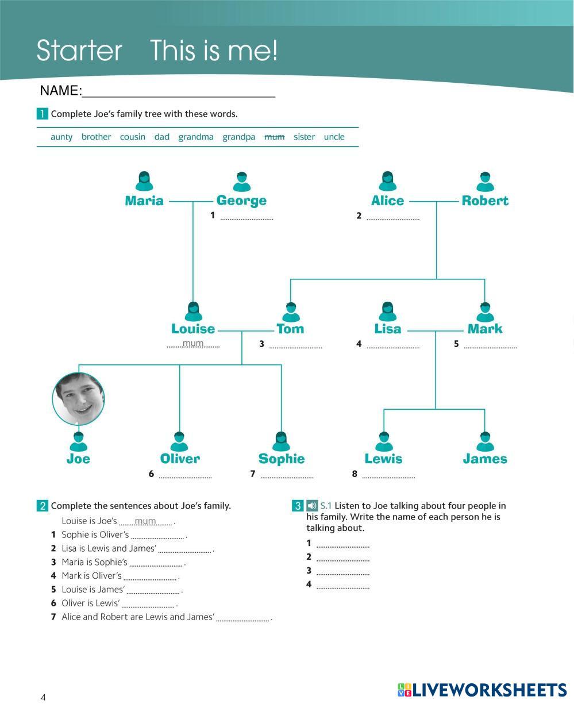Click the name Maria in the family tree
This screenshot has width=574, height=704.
click(144, 201)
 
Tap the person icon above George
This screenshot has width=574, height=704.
click(242, 182)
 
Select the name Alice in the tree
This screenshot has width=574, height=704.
click(387, 201)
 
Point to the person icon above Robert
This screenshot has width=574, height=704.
click(485, 182)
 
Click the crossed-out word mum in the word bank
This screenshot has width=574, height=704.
click(274, 137)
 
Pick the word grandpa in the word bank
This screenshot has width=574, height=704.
click(238, 137)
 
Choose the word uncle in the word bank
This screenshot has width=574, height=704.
click(334, 137)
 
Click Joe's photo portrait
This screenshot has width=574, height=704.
click(79, 398)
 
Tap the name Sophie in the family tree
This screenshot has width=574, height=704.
click(281, 459)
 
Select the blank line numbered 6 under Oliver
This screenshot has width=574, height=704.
click(185, 476)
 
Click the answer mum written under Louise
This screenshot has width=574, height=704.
click(193, 344)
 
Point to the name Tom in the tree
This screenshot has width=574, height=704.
click(290, 329)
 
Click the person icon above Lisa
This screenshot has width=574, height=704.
click(388, 312)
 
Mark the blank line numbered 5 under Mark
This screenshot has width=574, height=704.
click(490, 347)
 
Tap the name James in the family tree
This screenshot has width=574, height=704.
click(485, 459)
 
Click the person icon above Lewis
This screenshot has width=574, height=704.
click(384, 441)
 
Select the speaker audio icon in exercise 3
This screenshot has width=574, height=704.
click(311, 506)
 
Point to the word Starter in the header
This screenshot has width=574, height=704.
click(79, 51)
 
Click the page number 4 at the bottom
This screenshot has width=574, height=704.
click(43, 697)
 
